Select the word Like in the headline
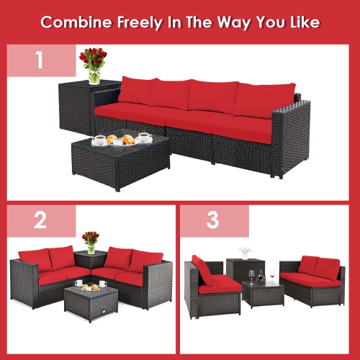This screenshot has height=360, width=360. [x=302, y=22]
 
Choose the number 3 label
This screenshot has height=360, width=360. [x=212, y=220]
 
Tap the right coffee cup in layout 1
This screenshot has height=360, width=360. [x=144, y=136]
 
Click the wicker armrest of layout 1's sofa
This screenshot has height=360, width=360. [x=290, y=137]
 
